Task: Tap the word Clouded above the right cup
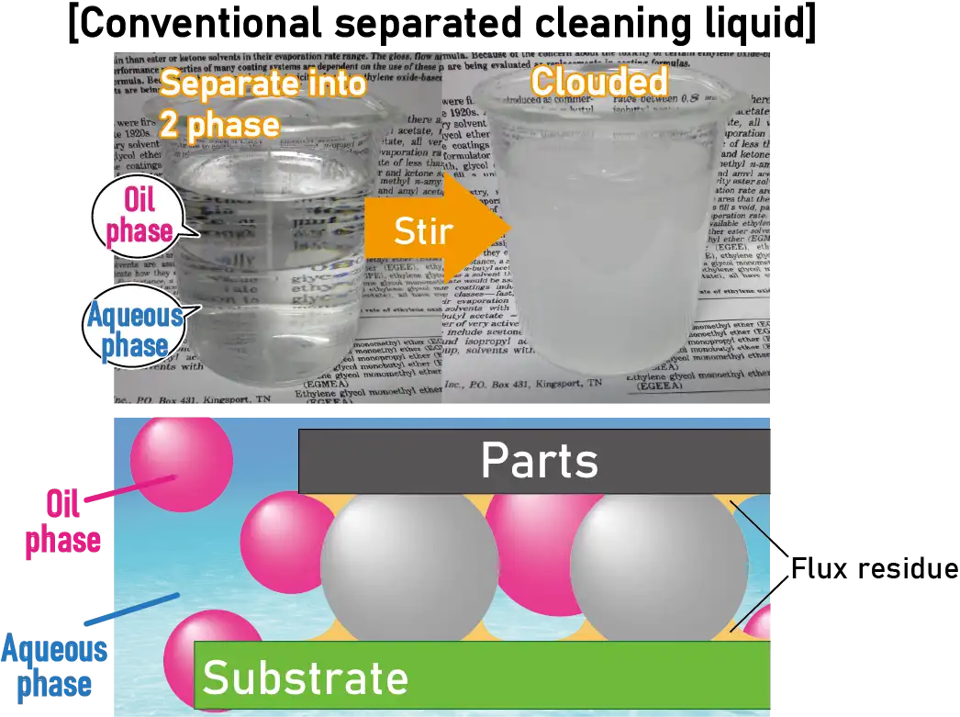click(598, 82)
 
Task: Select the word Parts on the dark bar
click(539, 461)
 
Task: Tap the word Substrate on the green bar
click(305, 678)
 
